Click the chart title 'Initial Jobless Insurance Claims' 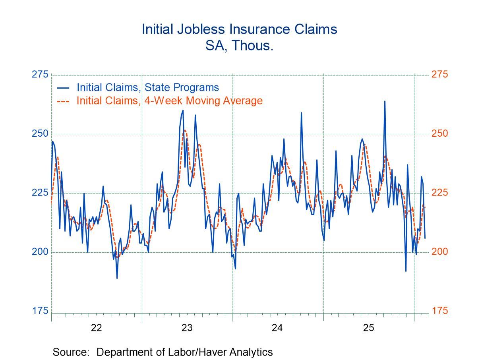click(x=240, y=29)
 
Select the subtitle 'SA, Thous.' click(x=240, y=46)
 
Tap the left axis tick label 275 click(x=40, y=75)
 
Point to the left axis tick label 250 click(x=40, y=134)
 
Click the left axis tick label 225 click(x=40, y=193)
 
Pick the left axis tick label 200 click(x=40, y=252)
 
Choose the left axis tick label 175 click(x=40, y=311)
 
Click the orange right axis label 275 click(x=439, y=75)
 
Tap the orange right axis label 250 click(x=439, y=134)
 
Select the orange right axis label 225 click(x=439, y=193)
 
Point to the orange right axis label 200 click(x=439, y=252)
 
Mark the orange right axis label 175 click(x=439, y=311)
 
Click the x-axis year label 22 click(x=97, y=328)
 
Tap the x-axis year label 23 click(x=187, y=328)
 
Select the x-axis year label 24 click(x=277, y=328)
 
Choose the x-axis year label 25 click(x=369, y=328)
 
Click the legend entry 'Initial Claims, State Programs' click(x=147, y=87)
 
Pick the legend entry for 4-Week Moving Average click(x=169, y=101)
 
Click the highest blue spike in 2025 click(x=385, y=102)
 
